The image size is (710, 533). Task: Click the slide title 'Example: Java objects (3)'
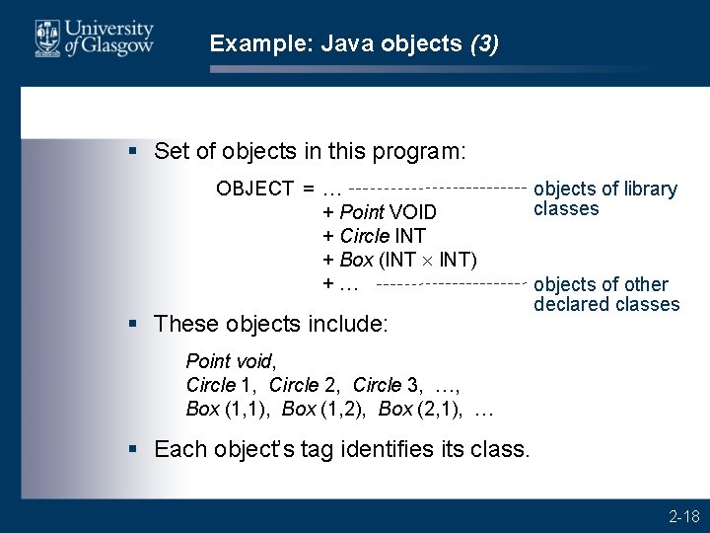pos(355,43)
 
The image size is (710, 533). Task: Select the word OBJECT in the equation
pos(255,189)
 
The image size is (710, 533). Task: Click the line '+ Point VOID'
pos(380,212)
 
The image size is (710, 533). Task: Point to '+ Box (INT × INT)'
pos(400,260)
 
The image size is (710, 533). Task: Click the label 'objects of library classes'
pos(604,198)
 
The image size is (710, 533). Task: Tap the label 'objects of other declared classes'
pos(605,293)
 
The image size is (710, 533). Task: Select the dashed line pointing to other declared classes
pos(450,284)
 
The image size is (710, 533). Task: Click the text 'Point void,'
pos(226,361)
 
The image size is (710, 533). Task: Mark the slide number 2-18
pos(683,515)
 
